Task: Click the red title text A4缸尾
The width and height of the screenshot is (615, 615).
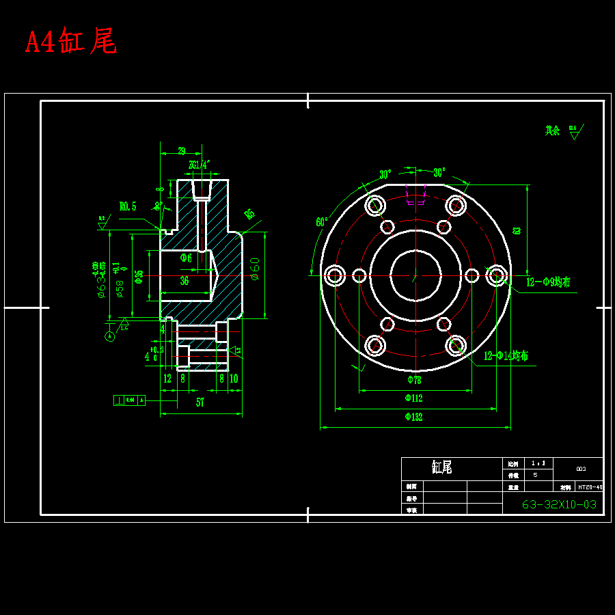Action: click(71, 42)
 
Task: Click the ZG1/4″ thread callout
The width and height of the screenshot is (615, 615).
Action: click(199, 165)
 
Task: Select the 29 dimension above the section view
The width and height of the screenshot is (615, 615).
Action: click(181, 151)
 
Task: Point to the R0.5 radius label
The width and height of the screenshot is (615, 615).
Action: click(128, 206)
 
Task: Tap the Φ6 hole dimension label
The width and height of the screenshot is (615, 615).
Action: click(186, 258)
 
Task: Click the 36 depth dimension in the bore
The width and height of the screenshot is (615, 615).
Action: click(184, 281)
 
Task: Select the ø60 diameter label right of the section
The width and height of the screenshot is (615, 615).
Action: click(254, 269)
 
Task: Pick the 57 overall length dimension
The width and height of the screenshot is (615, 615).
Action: click(200, 402)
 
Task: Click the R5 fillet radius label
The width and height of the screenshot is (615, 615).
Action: click(249, 215)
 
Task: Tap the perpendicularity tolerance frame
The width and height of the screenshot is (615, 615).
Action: click(129, 400)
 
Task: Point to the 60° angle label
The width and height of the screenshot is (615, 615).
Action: click(321, 222)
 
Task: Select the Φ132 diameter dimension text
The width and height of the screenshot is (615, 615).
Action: click(413, 417)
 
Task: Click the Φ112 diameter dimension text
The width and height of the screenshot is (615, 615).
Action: click(413, 398)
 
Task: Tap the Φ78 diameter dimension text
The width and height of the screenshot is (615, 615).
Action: click(414, 379)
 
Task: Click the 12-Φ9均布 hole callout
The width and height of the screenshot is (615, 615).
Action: click(548, 282)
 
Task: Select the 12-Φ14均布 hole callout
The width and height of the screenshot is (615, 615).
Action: click(505, 356)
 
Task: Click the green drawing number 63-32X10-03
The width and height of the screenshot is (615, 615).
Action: click(559, 505)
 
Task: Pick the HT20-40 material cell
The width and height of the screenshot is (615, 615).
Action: click(590, 487)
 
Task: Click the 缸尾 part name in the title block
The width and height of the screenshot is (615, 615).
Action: click(441, 467)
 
